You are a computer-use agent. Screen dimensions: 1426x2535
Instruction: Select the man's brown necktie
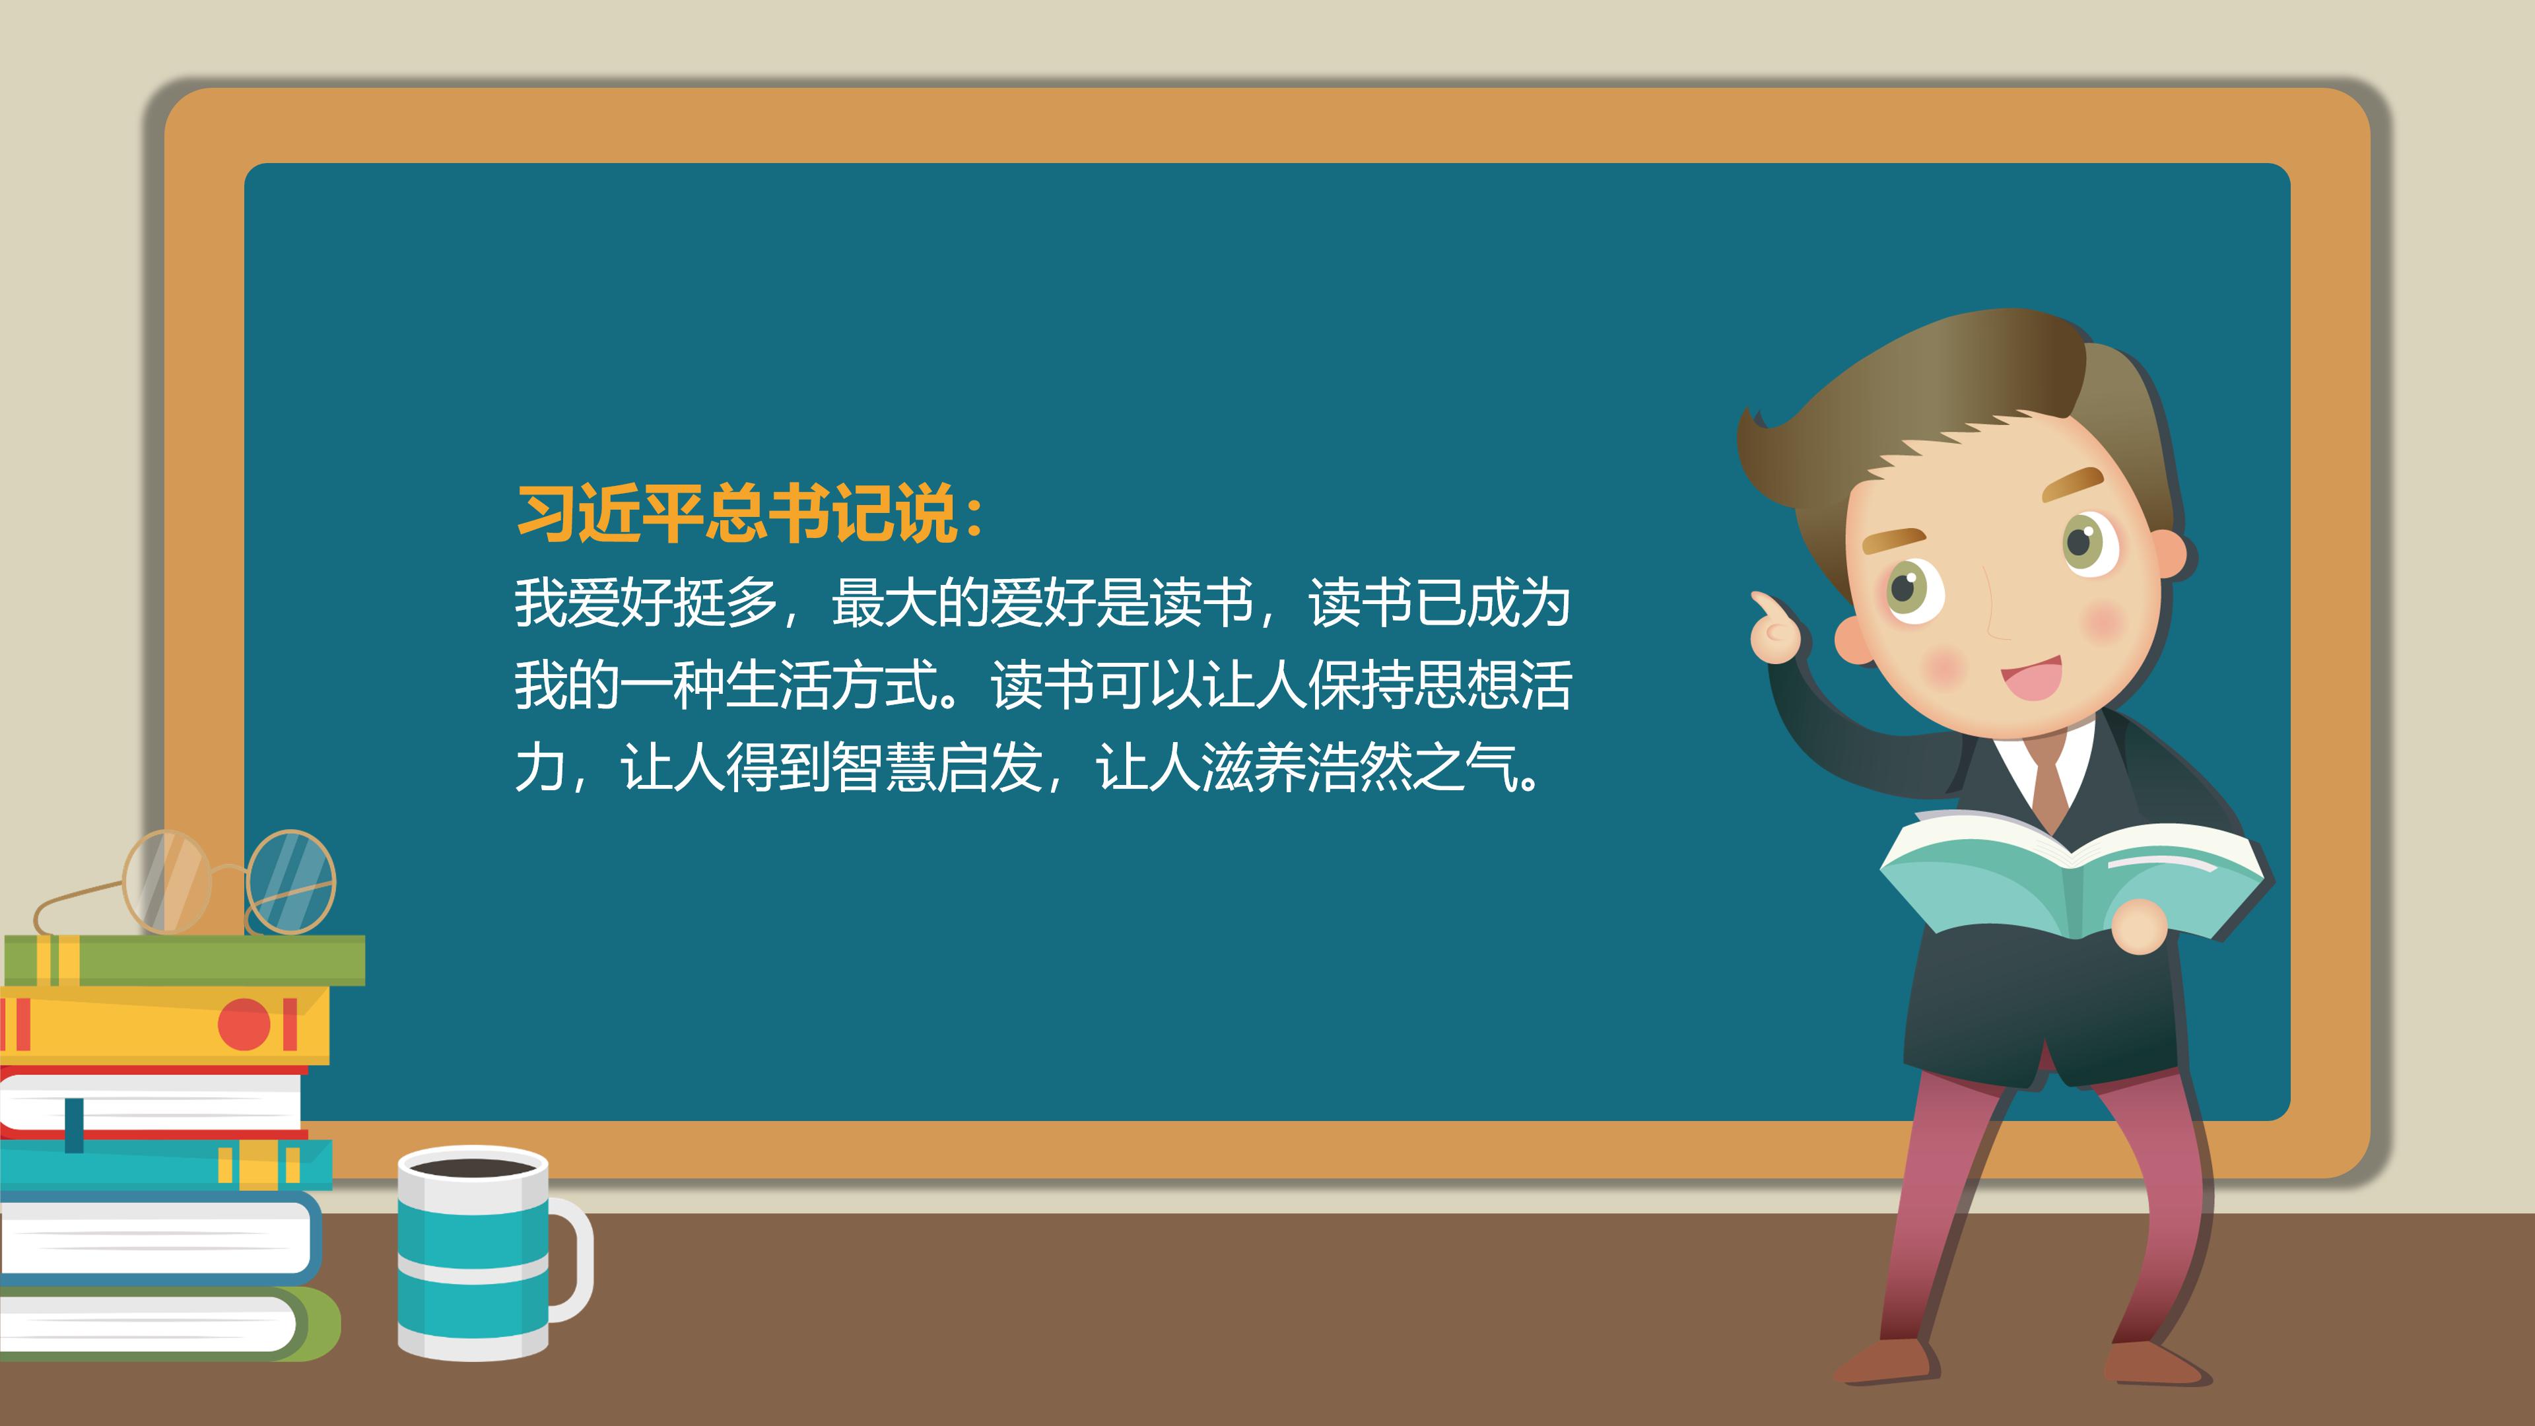(2050, 792)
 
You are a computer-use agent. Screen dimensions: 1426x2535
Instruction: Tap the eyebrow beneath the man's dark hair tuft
(2072, 482)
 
